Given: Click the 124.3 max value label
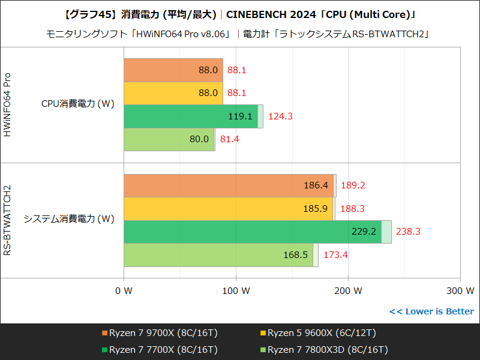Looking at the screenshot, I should tap(280, 116).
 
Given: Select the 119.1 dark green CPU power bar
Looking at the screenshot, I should tap(191, 116).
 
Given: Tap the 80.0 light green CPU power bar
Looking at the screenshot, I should tap(169, 139).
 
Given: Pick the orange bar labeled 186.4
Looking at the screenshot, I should tap(229, 185).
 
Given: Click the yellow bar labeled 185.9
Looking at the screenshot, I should tap(228, 209).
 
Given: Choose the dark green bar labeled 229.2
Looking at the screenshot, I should tap(253, 232).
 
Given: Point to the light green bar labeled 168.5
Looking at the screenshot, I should tap(218, 255).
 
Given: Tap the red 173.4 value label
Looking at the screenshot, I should tap(335, 255).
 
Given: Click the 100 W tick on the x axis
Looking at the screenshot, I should tap(236, 292).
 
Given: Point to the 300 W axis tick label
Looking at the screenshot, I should tap(460, 292).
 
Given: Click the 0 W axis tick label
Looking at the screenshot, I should tap(124, 292).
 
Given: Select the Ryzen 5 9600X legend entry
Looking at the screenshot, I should tap(318, 333).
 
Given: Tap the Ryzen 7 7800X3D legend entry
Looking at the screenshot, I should tap(324, 349).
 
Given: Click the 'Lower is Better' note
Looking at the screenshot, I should tap(431, 311).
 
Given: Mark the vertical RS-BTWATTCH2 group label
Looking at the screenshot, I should tap(8, 220).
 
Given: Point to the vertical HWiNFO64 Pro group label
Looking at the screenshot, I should tap(8, 104).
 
